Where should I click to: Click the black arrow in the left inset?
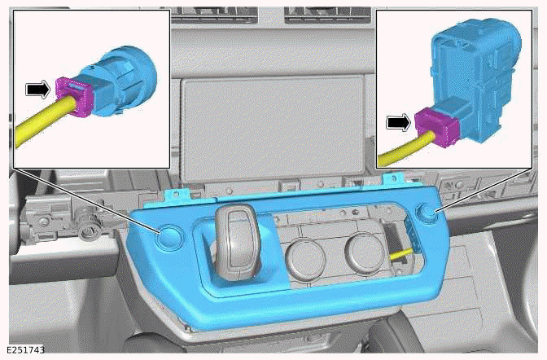point(37,89)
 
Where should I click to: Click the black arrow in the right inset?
point(398,122)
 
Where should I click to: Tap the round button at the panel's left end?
point(169,236)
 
